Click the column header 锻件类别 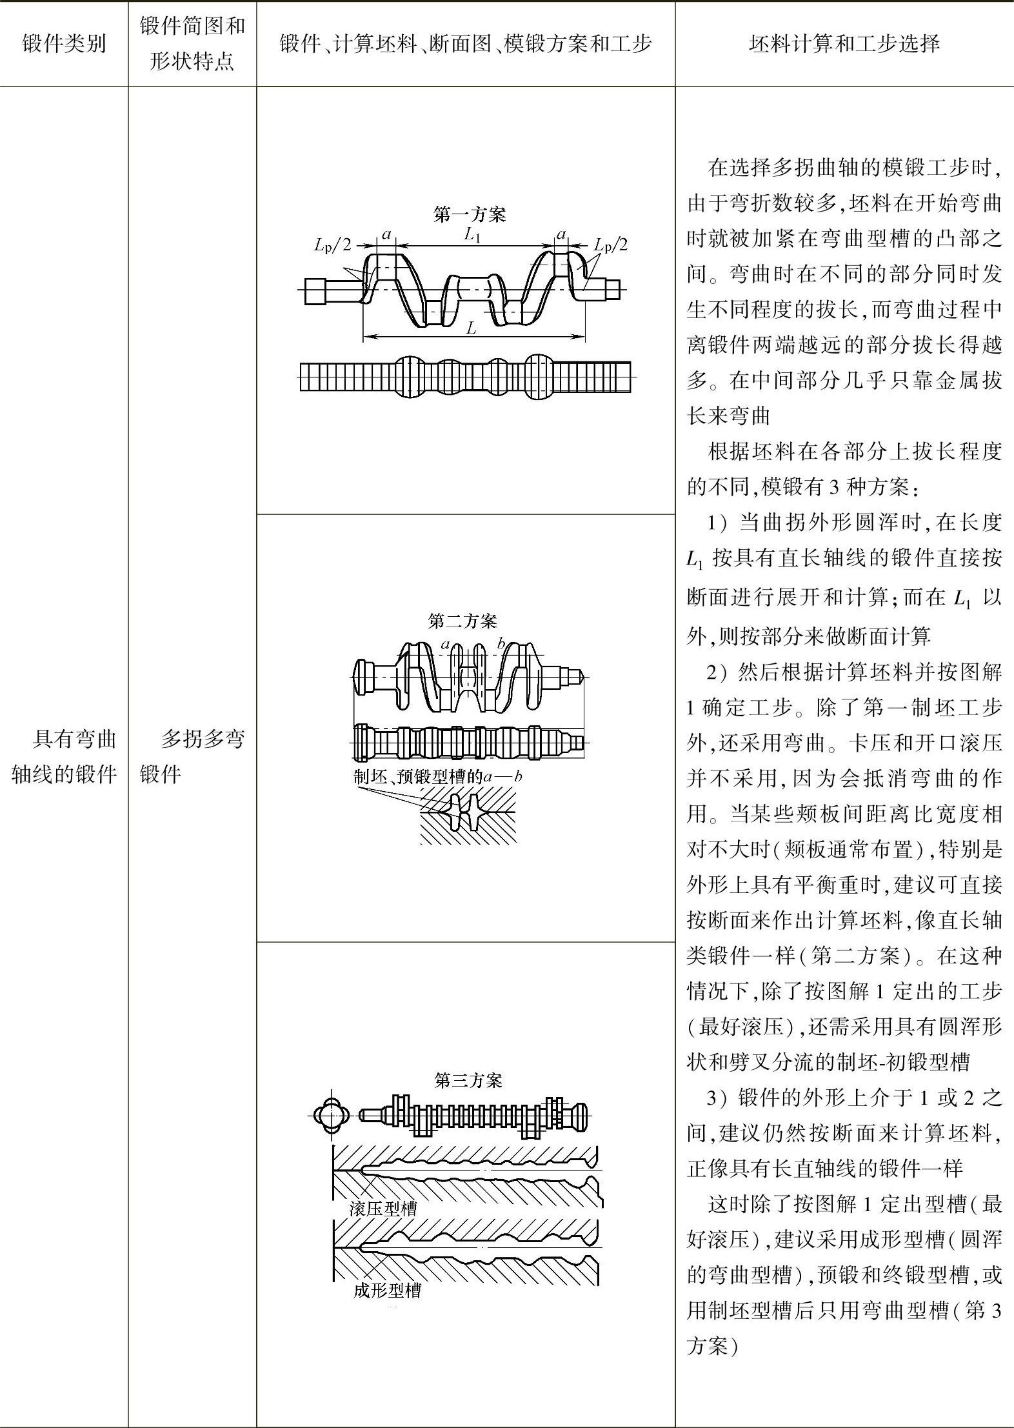[64, 44]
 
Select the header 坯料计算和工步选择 [844, 44]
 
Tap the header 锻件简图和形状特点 [192, 44]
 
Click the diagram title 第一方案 [470, 214]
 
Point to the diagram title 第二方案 [462, 621]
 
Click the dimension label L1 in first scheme [473, 236]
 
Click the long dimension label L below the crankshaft [472, 328]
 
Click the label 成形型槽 [387, 1291]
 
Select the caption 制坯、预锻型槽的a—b [438, 776]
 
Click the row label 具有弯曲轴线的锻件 [64, 756]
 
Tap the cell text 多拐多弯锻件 [192, 756]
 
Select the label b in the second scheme [501, 643]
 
